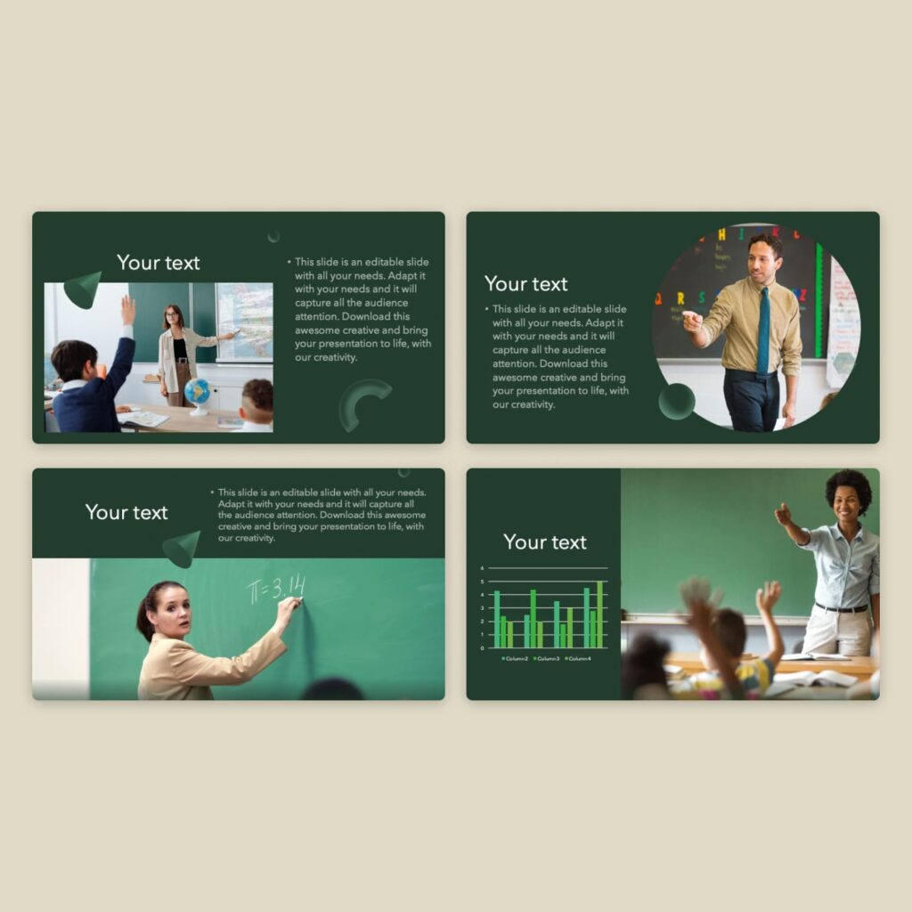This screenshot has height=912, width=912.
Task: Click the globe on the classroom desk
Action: click(197, 393)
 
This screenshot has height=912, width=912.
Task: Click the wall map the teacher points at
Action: click(245, 321)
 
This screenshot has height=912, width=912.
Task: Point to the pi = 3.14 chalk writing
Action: click(276, 588)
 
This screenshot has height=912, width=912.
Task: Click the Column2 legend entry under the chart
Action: click(514, 658)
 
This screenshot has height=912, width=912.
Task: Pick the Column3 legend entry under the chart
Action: click(546, 658)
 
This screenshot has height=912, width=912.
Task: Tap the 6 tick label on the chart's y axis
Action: click(482, 568)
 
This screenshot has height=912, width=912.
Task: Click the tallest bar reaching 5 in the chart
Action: click(600, 615)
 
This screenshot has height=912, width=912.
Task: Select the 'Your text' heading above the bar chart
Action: click(545, 541)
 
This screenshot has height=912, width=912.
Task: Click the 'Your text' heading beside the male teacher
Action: click(525, 284)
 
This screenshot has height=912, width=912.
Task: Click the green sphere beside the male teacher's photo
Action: click(677, 402)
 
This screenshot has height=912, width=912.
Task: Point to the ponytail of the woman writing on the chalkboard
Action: click(142, 618)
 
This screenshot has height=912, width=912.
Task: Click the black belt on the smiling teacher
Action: click(841, 608)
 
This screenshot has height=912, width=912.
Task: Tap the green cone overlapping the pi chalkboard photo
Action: click(183, 548)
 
